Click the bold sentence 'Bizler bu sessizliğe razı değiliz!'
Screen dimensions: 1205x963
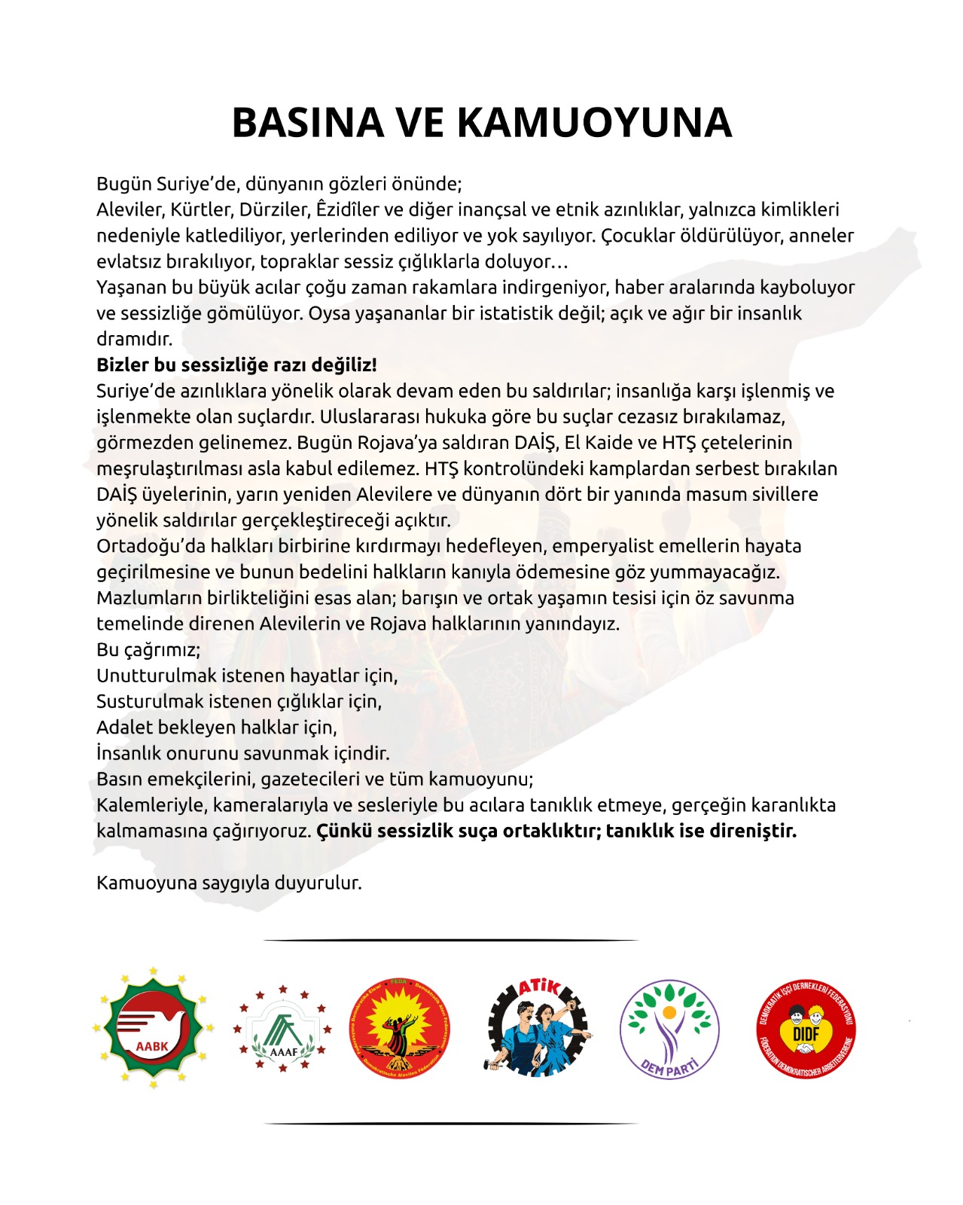click(236, 365)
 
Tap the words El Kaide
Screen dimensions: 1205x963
click(600, 443)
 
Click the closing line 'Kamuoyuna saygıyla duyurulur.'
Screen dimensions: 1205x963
click(229, 883)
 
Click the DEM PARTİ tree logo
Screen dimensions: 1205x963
click(669, 1029)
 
